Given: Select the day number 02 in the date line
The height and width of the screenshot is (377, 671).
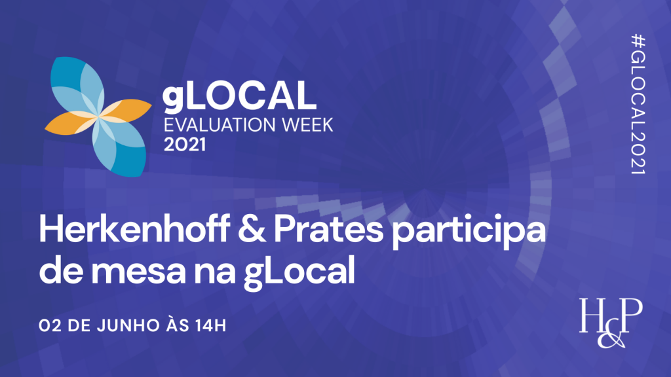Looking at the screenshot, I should tap(48, 325).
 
